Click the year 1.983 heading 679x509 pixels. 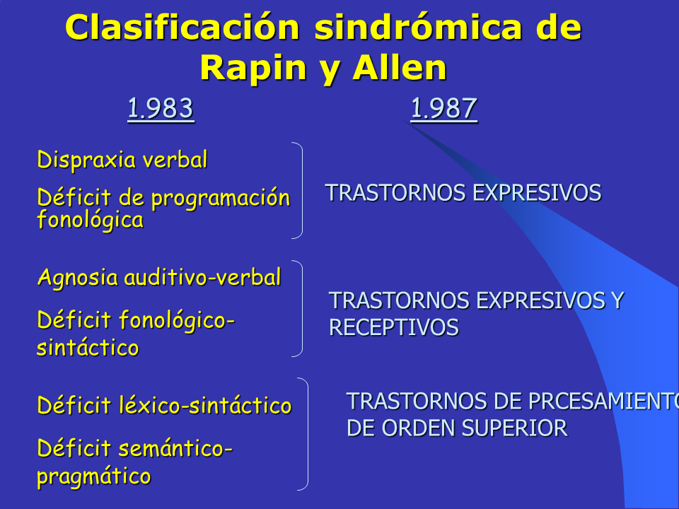pos(161,109)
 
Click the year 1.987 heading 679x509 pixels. pos(444,109)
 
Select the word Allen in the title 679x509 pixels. pos(399,68)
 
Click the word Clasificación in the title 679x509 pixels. pos(182,28)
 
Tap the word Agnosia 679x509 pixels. pos(78,278)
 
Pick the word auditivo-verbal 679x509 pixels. pos(203,277)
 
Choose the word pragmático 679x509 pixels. pos(94,476)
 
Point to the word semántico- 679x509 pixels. pos(176,448)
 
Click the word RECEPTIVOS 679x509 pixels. pos(394,327)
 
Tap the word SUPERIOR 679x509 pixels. pos(514,428)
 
